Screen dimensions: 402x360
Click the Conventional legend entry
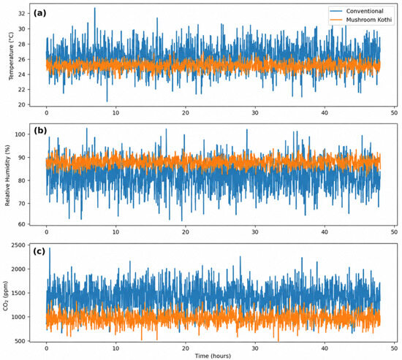[361, 11]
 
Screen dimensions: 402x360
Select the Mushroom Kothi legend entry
[361, 20]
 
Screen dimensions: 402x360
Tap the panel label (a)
[39, 13]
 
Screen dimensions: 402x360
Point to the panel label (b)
[40, 131]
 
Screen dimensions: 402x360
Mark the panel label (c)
[39, 251]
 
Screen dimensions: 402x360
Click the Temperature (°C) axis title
[11, 56]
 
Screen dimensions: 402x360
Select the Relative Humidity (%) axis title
[7, 175]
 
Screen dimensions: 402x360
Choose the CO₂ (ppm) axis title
[6, 296]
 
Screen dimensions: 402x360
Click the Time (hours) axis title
[213, 356]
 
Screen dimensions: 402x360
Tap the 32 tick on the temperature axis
[22, 13]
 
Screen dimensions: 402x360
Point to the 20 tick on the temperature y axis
[22, 104]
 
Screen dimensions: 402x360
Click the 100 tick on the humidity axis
[20, 134]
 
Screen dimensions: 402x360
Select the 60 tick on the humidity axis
[22, 224]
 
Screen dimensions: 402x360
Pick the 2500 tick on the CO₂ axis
[18, 245]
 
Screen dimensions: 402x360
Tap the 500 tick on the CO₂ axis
[20, 341]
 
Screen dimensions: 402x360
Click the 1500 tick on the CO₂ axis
[18, 293]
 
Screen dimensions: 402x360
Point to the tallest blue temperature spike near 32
[94, 8]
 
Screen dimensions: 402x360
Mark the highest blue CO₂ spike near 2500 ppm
[50, 248]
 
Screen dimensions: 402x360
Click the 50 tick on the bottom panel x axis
[394, 348]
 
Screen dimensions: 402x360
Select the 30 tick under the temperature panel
[255, 112]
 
